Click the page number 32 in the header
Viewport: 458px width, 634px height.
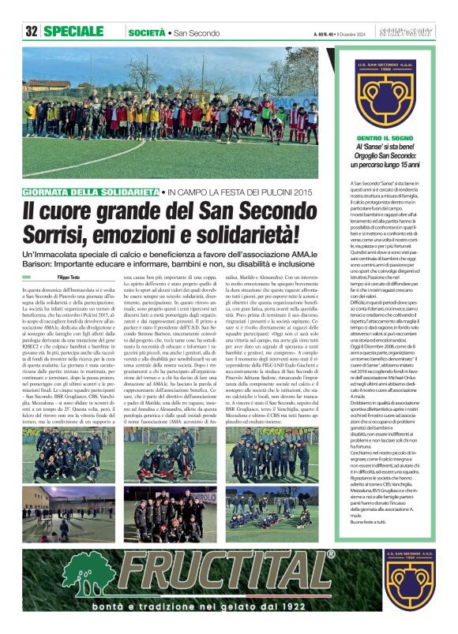(32, 32)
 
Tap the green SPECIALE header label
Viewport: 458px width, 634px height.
(73, 32)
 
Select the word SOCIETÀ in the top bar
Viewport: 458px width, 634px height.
(146, 32)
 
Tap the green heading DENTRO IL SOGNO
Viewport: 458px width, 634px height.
(387, 139)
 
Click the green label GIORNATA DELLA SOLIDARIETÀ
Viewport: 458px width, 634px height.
(91, 192)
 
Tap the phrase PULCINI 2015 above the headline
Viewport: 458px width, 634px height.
(280, 192)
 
